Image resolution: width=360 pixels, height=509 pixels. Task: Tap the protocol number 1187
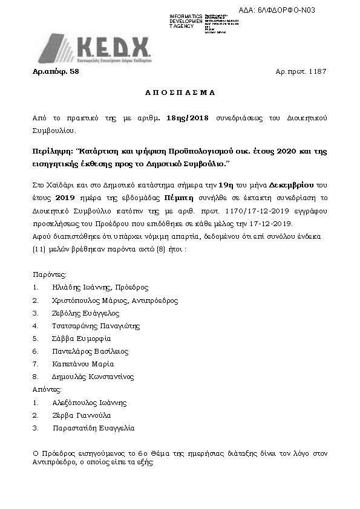click(318, 71)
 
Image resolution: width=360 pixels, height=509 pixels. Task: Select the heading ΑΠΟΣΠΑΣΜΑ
click(180, 93)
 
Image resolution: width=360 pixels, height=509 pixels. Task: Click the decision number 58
click(75, 71)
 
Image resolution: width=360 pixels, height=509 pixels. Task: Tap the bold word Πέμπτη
click(179, 197)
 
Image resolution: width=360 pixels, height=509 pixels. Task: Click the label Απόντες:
click(46, 389)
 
